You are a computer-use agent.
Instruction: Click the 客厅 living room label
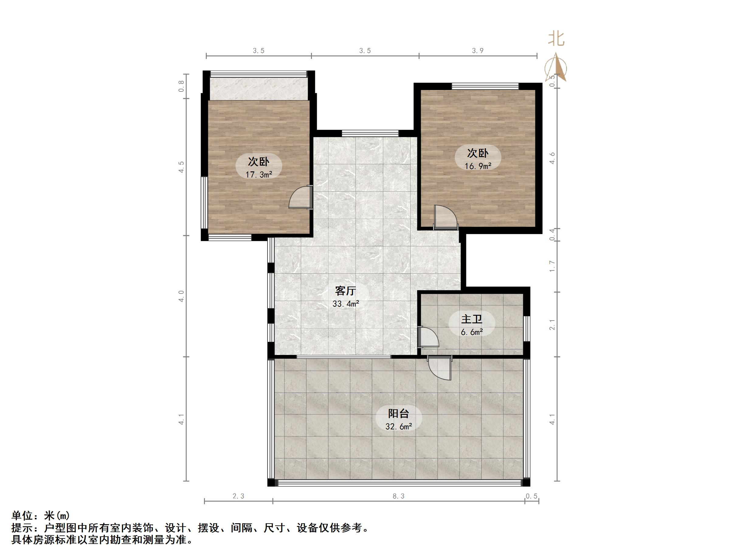[346, 291]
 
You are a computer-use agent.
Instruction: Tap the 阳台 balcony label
[398, 414]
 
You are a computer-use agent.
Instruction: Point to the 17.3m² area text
[258, 175]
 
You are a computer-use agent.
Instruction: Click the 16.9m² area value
[478, 166]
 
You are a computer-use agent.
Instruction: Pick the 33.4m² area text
[346, 304]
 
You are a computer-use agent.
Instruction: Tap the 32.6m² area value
[398, 427]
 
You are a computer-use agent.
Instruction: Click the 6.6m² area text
[472, 332]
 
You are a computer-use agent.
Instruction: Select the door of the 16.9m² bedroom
[445, 217]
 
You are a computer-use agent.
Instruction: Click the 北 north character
[556, 39]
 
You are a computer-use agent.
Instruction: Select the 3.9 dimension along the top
[478, 51]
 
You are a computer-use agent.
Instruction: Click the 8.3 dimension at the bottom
[398, 496]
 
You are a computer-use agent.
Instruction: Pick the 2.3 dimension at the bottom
[238, 496]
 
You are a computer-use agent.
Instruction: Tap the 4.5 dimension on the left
[181, 167]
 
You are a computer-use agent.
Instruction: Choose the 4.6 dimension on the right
[552, 158]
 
